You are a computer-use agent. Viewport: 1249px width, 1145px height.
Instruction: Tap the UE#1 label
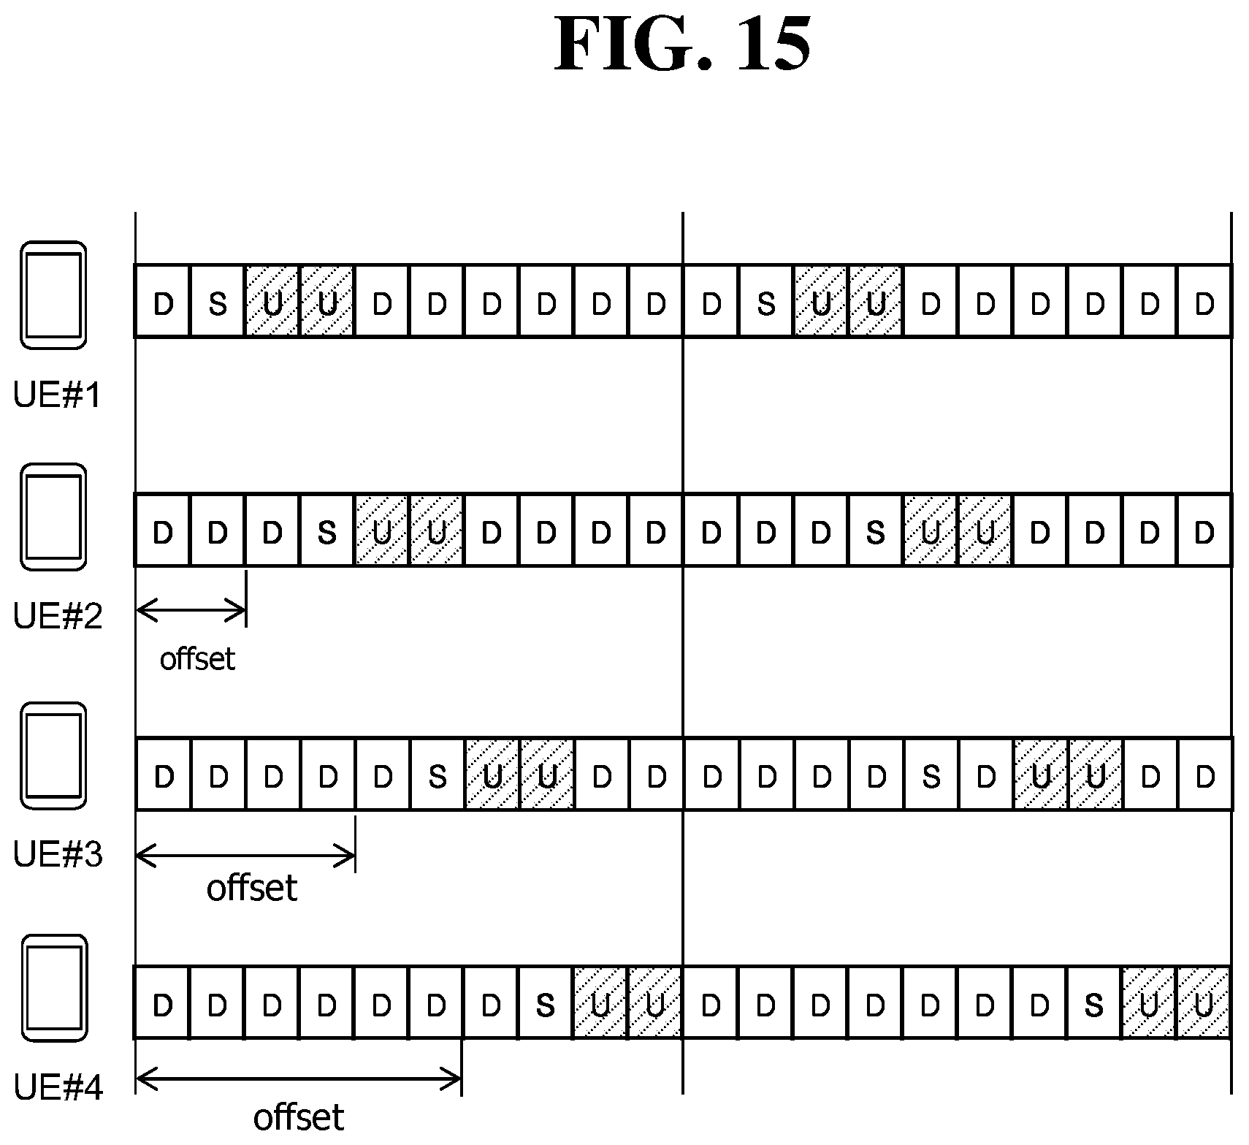click(57, 395)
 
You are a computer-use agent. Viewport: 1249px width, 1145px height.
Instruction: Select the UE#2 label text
click(58, 616)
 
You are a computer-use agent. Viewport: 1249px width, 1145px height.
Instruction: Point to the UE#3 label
click(58, 853)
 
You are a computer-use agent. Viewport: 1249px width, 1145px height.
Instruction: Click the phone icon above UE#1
click(53, 294)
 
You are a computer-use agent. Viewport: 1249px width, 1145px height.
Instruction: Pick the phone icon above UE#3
click(53, 756)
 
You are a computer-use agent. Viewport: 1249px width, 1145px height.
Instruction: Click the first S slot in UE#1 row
click(217, 303)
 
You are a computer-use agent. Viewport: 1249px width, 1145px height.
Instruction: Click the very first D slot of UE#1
click(163, 303)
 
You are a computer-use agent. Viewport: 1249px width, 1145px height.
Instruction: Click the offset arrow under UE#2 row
click(191, 610)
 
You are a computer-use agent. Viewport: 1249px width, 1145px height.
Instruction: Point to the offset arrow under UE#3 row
click(245, 854)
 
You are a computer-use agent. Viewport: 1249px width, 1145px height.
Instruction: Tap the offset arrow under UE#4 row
click(299, 1079)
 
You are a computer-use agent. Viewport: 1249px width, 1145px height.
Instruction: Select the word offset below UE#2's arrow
click(197, 659)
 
